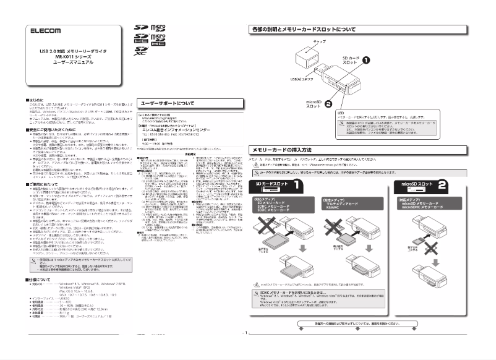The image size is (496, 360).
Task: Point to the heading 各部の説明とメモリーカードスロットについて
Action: pyautogui.click(x=302, y=30)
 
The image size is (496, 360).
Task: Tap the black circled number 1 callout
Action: pyautogui.click(x=366, y=61)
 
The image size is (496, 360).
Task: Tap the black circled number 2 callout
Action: pyautogui.click(x=328, y=105)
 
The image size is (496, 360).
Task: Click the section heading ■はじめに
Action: pyautogui.click(x=35, y=98)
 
